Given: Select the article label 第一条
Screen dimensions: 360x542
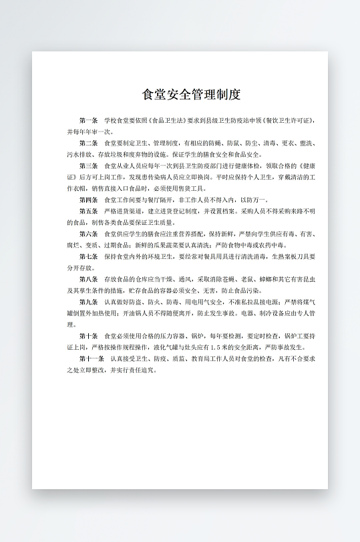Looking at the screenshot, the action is [88, 121].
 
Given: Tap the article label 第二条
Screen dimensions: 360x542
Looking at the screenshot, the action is [88, 144].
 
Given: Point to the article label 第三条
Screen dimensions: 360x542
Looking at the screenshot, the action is [88, 166].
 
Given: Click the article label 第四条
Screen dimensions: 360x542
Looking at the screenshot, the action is [88, 200].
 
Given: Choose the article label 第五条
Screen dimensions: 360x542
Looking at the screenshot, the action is [88, 211].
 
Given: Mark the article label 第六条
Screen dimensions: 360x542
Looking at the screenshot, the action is [88, 234].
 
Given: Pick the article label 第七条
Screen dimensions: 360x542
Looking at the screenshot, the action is [88, 256].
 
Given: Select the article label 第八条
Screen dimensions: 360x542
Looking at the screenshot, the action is [88, 279].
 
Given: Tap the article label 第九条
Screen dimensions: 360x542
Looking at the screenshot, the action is [88, 302].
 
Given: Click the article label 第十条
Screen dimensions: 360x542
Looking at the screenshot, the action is [88, 336].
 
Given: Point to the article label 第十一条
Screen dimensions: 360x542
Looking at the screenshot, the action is [91, 358].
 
